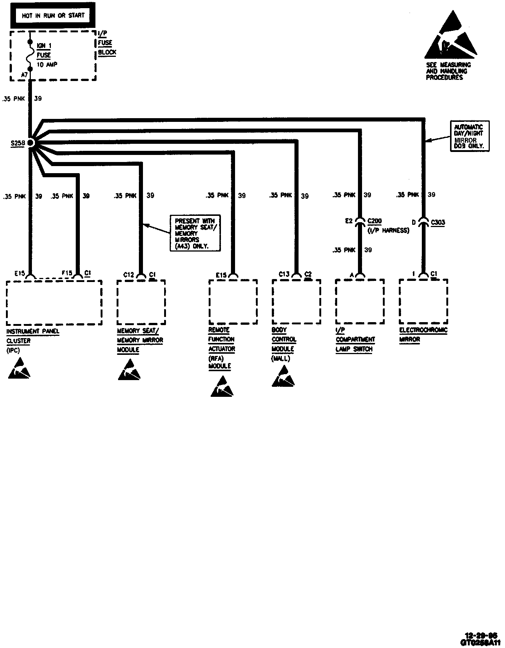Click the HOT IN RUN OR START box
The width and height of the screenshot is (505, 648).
[53, 16]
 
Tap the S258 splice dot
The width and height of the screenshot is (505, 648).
[30, 143]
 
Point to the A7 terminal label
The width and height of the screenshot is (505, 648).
[24, 75]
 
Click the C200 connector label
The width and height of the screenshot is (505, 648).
[374, 221]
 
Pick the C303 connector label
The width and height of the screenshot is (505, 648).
[438, 222]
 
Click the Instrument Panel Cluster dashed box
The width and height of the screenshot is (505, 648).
[54, 302]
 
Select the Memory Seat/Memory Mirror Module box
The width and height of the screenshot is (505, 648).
[141, 302]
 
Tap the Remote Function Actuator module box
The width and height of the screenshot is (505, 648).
[233, 302]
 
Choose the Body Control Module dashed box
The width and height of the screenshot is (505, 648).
[296, 302]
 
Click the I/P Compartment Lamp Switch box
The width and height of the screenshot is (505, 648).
[359, 301]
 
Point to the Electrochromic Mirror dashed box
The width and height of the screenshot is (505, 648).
[423, 301]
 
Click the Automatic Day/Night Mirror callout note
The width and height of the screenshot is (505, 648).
[469, 136]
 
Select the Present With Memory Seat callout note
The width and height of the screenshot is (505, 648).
[195, 233]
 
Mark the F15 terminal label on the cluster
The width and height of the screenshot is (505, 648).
[67, 273]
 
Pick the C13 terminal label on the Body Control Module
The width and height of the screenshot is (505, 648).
[284, 274]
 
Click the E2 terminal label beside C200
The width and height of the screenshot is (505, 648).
[348, 221]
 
